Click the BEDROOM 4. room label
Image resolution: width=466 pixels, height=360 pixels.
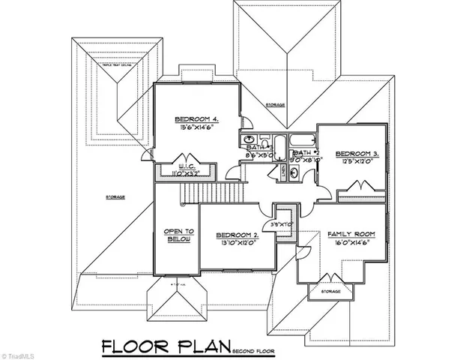[196, 119]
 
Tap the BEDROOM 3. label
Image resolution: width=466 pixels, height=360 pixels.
[356, 153]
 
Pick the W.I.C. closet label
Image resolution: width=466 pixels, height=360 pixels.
[186, 166]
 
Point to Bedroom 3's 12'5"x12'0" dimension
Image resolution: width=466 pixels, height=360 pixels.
[356, 162]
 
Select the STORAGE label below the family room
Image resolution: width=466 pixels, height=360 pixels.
[331, 291]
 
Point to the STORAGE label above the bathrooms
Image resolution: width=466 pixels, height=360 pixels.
[275, 105]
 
